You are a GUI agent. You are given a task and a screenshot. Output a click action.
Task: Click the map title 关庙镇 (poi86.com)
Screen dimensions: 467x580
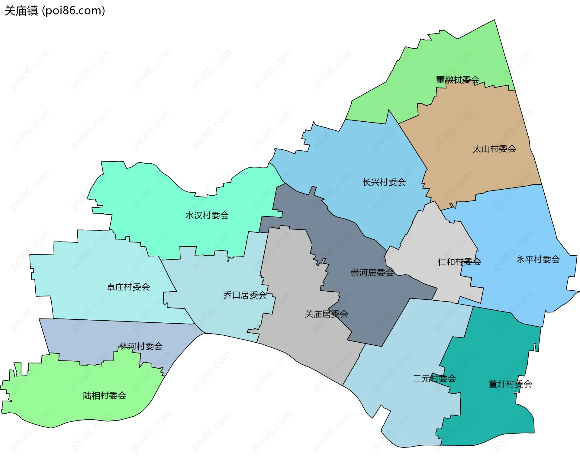pyautogui.click(x=55, y=11)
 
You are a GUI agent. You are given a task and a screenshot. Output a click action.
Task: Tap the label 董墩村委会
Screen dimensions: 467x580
pyautogui.click(x=458, y=80)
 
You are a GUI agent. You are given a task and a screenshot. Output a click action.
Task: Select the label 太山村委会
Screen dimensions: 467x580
pyautogui.click(x=494, y=149)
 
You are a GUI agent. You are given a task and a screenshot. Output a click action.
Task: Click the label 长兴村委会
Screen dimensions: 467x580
pyautogui.click(x=384, y=182)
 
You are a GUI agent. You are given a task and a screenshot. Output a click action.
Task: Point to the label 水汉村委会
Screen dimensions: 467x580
pyautogui.click(x=207, y=216)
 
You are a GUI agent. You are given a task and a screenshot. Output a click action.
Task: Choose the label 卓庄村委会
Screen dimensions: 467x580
pyautogui.click(x=128, y=287)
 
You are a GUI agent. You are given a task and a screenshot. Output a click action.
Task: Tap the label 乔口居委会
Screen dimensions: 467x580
pyautogui.click(x=245, y=295)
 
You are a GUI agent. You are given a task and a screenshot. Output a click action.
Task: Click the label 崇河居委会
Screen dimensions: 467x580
pyautogui.click(x=372, y=273)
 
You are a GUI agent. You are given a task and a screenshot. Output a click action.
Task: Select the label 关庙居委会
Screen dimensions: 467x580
pyautogui.click(x=326, y=314)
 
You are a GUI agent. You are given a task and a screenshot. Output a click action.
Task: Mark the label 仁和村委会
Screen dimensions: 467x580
pyautogui.click(x=459, y=262)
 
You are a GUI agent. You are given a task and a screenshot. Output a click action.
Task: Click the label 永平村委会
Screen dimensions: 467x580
pyautogui.click(x=538, y=260)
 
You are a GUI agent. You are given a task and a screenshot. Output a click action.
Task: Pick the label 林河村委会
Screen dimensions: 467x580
pyautogui.click(x=141, y=346)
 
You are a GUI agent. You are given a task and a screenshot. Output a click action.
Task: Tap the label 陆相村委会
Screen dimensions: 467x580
pyautogui.click(x=105, y=396)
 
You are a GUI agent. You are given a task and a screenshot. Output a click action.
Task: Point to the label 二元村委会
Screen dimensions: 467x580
pyautogui.click(x=434, y=379)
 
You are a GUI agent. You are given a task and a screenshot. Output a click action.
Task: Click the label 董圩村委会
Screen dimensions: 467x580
pyautogui.click(x=510, y=384)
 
